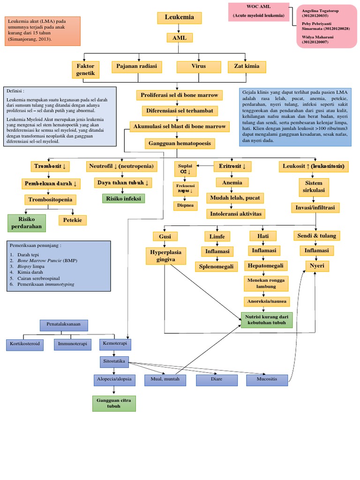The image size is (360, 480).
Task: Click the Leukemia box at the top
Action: click(179, 18)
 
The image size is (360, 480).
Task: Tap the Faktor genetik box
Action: click(86, 70)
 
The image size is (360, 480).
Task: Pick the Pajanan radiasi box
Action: click(136, 67)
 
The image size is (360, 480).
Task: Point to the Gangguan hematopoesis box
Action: click(180, 143)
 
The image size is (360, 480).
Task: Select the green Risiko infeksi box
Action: click(124, 198)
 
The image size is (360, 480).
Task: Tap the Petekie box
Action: click(72, 219)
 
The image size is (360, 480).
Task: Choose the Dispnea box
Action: click(186, 205)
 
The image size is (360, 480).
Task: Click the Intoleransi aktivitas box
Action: click(236, 214)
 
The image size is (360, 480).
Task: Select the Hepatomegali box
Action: click(266, 266)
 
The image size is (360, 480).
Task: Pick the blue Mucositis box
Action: click(267, 379)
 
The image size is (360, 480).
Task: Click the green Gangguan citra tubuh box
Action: click(114, 403)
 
